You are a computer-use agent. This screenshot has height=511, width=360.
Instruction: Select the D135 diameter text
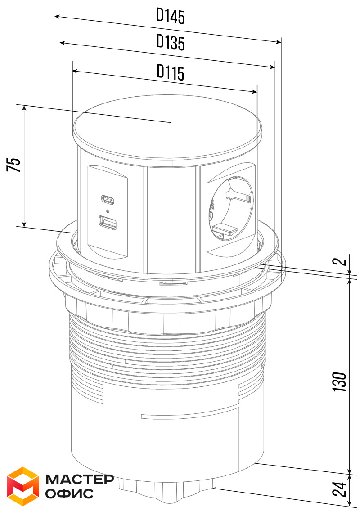click(x=171, y=42)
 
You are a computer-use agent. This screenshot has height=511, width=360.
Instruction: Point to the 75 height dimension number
click(x=13, y=165)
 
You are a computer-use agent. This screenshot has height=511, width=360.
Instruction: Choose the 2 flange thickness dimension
click(x=341, y=261)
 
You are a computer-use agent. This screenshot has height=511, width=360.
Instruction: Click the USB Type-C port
click(x=108, y=198)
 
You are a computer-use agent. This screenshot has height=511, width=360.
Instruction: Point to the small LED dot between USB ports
click(x=108, y=210)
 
